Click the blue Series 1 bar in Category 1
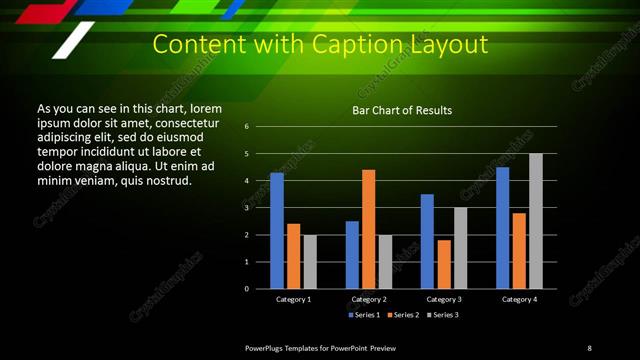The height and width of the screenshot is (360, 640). pos(277,231)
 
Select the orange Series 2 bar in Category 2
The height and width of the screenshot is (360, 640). pos(369,229)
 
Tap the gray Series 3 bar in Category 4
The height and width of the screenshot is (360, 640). pos(535,221)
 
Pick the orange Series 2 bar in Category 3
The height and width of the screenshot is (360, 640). pos(444,264)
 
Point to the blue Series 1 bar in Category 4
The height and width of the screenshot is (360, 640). pos(502,228)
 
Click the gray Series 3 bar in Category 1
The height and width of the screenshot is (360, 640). pos(310,262)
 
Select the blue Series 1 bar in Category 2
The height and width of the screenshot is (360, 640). pos(352,255)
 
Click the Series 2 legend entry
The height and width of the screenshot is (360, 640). pos(402,315)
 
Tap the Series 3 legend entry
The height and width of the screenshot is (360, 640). pos(442,315)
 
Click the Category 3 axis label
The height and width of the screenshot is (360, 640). pos(444,299)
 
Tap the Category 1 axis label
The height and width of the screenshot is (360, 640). pos(293,299)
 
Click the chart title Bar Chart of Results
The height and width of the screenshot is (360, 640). pos(402,110)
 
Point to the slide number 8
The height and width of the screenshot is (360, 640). pos(589,347)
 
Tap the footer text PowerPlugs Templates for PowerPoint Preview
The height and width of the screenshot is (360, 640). pos(321,347)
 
